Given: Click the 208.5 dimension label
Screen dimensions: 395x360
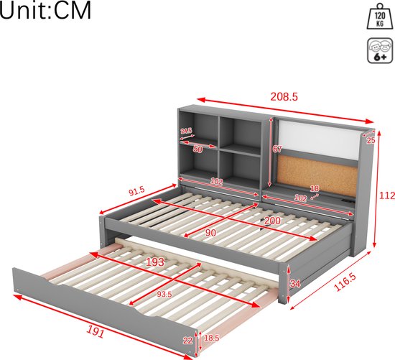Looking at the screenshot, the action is click(x=284, y=96).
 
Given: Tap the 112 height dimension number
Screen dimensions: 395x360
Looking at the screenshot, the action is click(x=387, y=195).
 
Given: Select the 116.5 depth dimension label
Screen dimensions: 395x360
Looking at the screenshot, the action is click(x=345, y=282).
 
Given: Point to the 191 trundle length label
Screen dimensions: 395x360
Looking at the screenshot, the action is click(x=96, y=331).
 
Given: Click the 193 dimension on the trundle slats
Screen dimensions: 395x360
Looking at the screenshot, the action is click(x=155, y=262).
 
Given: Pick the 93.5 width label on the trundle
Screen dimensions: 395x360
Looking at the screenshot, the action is click(x=164, y=294).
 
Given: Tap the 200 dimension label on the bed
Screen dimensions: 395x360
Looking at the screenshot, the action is click(x=272, y=221).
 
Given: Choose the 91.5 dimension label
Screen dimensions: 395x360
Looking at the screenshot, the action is click(x=136, y=192).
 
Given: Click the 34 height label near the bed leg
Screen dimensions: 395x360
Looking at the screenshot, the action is click(x=295, y=284).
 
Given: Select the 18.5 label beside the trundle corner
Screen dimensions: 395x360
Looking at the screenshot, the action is click(x=212, y=338).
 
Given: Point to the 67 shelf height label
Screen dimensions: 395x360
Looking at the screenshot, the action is click(x=277, y=149).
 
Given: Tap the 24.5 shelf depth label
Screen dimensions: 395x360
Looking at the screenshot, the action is click(x=186, y=131).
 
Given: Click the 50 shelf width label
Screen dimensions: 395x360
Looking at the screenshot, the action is click(x=197, y=149).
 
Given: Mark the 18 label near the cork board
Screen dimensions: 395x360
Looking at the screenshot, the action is click(x=315, y=188).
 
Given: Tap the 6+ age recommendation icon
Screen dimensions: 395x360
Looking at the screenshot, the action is click(x=380, y=50).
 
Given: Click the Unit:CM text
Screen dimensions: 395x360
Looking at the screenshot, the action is click(x=45, y=11).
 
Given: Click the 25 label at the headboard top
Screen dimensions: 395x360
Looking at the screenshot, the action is click(x=371, y=140).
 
